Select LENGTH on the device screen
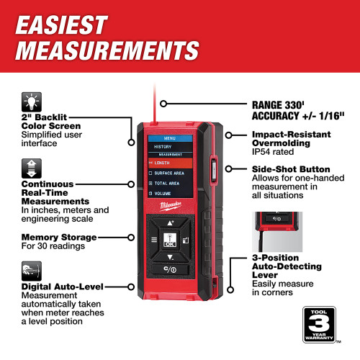[x=164, y=163]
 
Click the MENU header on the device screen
[x=170, y=137]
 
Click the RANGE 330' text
[x=282, y=104]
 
